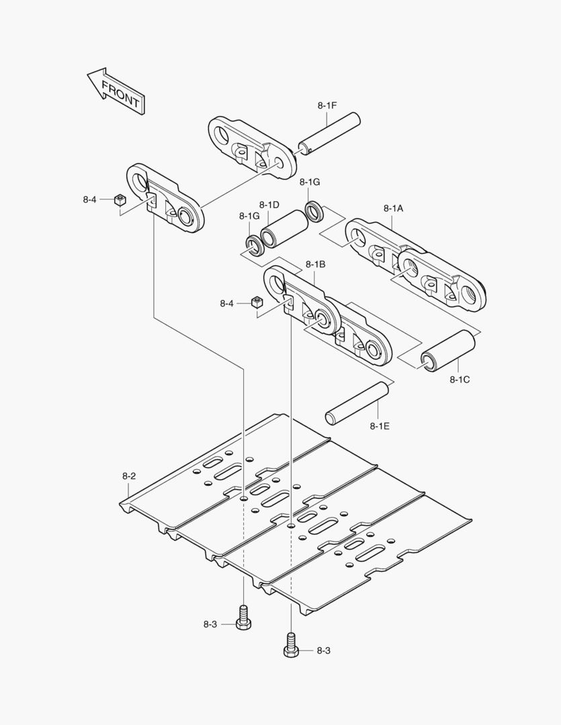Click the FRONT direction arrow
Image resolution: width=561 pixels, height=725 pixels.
point(116,90)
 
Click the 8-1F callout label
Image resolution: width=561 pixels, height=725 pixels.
point(327,105)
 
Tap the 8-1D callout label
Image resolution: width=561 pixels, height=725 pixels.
point(269,204)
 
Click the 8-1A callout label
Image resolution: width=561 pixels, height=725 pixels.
point(393,208)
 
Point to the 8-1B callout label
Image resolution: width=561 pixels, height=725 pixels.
point(315,264)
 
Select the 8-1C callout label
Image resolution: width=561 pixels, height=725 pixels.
point(460,379)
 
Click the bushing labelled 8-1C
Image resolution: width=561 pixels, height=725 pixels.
point(448,350)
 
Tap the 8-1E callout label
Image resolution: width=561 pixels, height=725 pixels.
point(380,425)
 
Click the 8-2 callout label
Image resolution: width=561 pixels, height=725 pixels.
point(129,476)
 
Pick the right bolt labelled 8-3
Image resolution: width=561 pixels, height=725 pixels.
point(291,645)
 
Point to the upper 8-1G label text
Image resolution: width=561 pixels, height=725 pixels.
point(310,182)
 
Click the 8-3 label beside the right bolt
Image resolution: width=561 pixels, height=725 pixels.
point(323,650)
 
